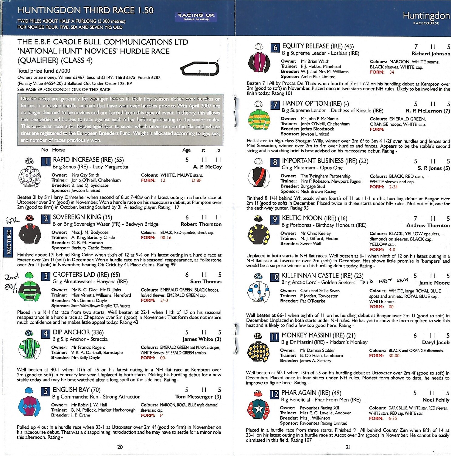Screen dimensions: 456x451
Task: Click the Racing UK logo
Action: point(196,16)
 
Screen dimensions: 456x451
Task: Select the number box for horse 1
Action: point(46,161)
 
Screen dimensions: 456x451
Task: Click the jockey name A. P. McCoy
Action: point(207,167)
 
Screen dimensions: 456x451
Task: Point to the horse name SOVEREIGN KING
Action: point(82,217)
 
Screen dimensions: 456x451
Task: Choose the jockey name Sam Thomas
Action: point(206,282)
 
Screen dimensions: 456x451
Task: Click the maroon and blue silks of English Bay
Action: point(29,406)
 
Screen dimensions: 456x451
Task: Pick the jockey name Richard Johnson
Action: point(431,54)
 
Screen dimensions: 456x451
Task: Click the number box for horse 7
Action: point(275,105)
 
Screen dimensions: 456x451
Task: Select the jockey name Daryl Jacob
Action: point(436,342)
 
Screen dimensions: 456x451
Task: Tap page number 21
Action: point(348,447)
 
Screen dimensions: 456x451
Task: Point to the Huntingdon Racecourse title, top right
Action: point(426,18)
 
